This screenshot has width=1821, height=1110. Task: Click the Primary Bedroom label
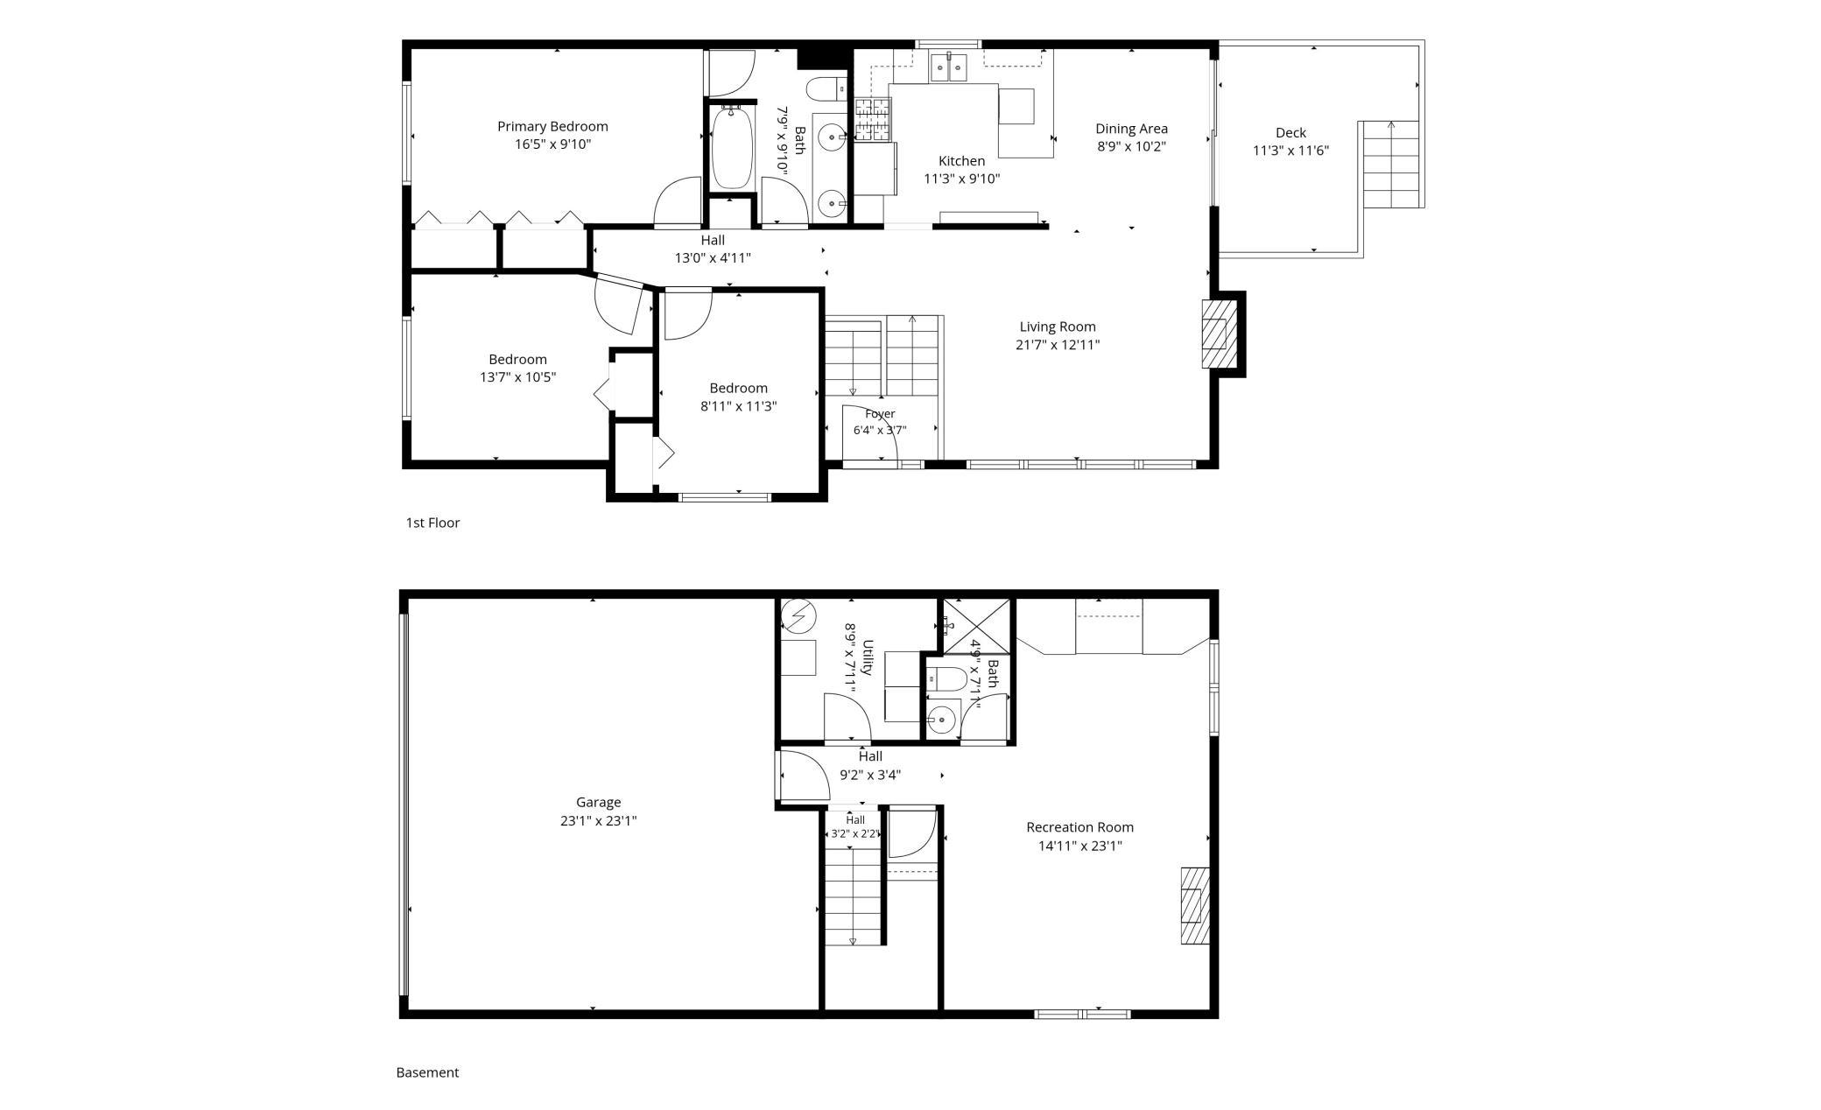552,126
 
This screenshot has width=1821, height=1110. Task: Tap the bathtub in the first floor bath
731,147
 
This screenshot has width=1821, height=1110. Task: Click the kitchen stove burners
872,120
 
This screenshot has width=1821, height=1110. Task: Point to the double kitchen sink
948,67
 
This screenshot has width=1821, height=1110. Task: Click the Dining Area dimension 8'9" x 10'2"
1131,146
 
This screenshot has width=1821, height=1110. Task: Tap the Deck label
1290,132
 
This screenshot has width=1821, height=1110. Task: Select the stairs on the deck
1391,165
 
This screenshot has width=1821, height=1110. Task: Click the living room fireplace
1217,334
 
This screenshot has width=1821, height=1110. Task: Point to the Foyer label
880,413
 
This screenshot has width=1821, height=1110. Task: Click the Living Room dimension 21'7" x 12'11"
1058,345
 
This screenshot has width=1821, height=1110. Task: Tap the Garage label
599,802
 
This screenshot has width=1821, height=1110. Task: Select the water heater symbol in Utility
798,615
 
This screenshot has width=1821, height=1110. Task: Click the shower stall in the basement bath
976,626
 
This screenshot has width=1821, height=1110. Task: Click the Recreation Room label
1079,827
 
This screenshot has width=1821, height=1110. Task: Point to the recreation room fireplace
1195,905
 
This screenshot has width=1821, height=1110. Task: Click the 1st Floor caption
432,523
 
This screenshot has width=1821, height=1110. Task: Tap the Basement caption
427,1072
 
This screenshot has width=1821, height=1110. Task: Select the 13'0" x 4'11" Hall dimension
713,258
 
